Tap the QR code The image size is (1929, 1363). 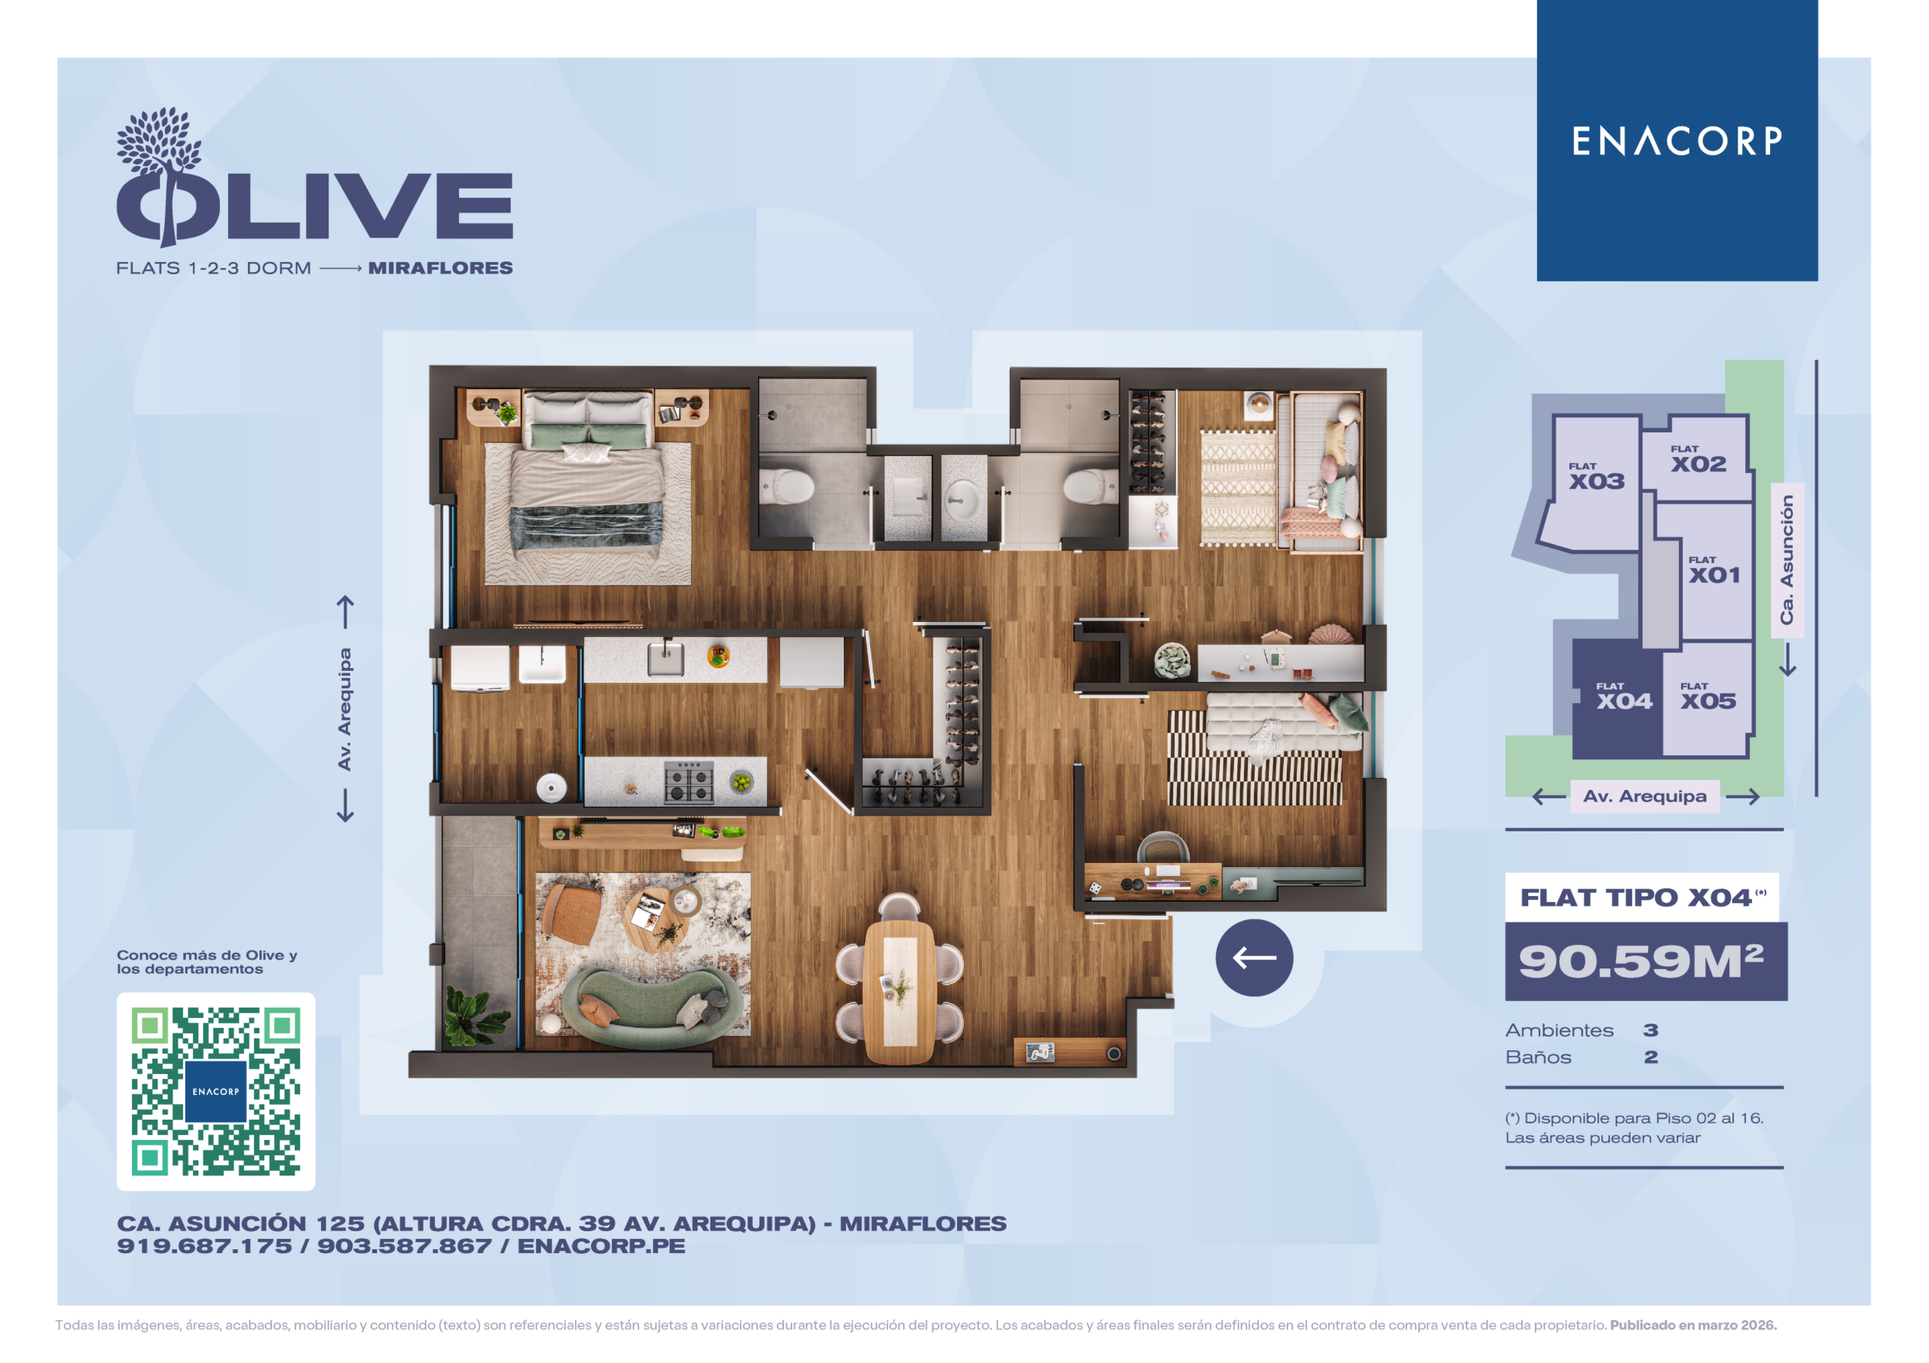click(216, 1091)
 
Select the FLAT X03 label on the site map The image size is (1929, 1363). click(1596, 476)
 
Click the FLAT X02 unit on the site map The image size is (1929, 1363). click(1697, 458)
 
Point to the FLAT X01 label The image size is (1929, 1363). click(1714, 570)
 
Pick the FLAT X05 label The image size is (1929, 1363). click(1708, 697)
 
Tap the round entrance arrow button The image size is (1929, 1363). click(1254, 957)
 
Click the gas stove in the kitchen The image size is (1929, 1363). click(689, 781)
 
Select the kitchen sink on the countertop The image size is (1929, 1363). click(665, 659)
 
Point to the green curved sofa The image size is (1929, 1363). click(651, 1008)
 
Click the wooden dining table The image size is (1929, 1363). click(899, 991)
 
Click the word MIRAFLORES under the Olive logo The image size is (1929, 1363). click(440, 268)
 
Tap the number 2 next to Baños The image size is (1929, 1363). click(1651, 1057)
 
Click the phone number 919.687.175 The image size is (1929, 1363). click(204, 1246)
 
